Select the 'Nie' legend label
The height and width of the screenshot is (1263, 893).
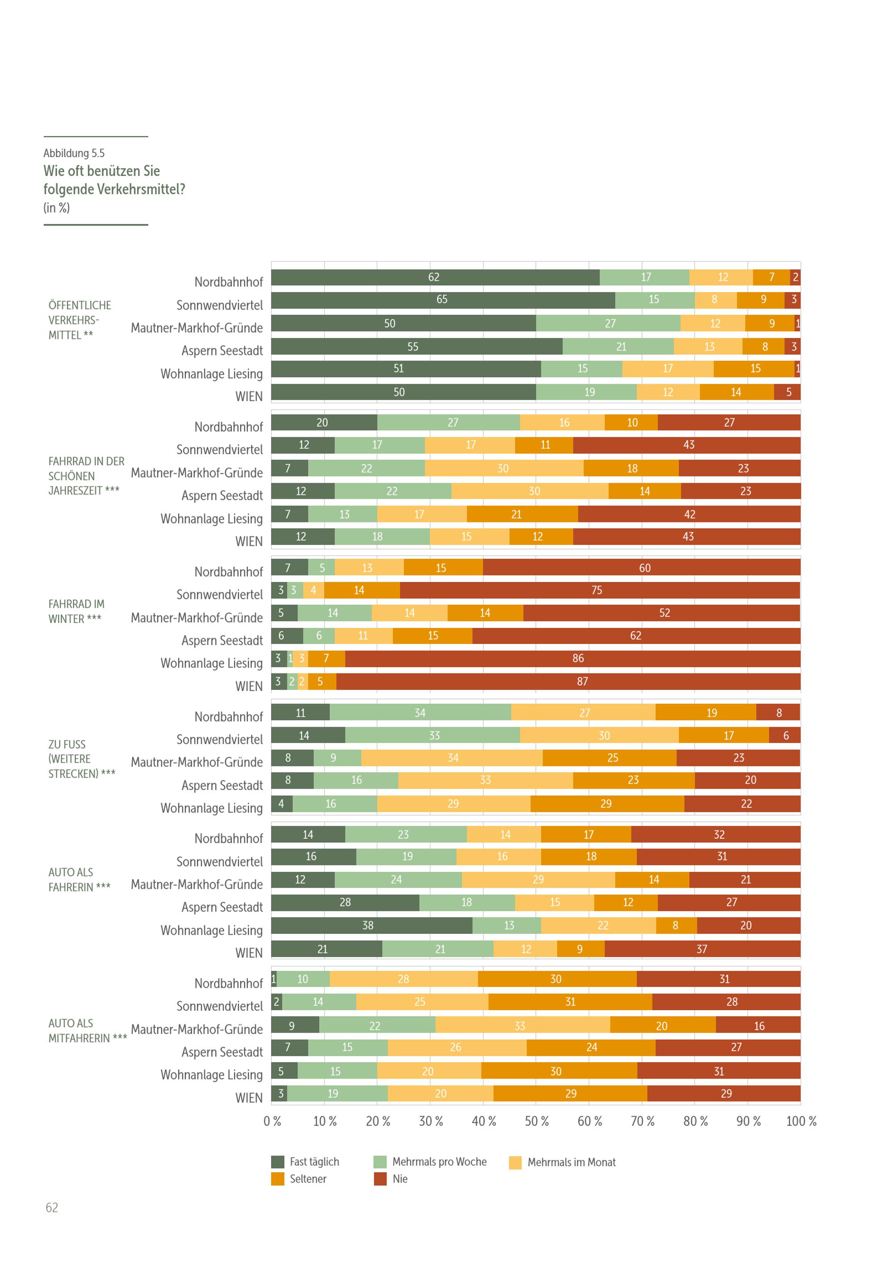400,1179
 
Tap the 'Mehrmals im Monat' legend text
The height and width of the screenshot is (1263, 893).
572,1163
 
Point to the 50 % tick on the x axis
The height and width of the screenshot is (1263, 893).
537,1121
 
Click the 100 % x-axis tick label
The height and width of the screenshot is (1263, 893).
801,1121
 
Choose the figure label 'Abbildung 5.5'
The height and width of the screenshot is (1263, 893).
74,153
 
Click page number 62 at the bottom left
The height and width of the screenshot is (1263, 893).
52,1208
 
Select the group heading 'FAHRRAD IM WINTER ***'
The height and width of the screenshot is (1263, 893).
76,611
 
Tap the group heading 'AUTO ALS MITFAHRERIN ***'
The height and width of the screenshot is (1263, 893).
88,1030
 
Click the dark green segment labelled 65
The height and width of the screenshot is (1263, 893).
442,300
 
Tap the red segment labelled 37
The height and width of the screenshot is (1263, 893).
702,949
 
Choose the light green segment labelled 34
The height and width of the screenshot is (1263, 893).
420,712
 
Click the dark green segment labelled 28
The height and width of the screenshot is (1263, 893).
345,902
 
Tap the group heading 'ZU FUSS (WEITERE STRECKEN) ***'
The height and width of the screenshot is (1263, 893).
81,759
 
